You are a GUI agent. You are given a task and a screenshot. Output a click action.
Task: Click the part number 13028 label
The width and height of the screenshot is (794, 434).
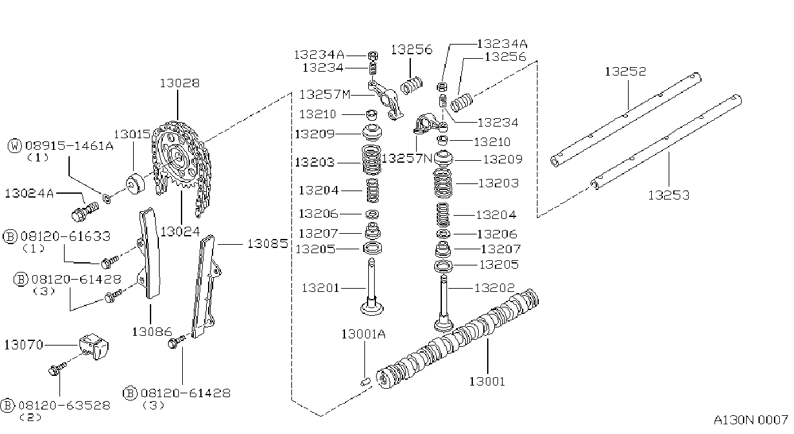[180, 83]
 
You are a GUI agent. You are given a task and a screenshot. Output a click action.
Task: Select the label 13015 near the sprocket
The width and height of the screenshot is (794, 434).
[132, 134]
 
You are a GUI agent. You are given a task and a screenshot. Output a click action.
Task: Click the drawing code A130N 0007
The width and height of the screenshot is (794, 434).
[751, 420]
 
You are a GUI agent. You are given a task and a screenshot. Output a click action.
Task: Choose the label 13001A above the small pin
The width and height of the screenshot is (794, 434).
[363, 335]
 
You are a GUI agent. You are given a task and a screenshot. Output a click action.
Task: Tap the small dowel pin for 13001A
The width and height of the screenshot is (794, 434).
[366, 382]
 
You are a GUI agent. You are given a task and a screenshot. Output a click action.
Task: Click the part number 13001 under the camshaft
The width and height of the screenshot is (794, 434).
[487, 382]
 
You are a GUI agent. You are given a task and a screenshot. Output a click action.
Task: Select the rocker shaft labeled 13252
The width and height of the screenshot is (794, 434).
[625, 121]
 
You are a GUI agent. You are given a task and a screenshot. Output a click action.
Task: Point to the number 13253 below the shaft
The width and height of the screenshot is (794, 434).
[669, 195]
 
